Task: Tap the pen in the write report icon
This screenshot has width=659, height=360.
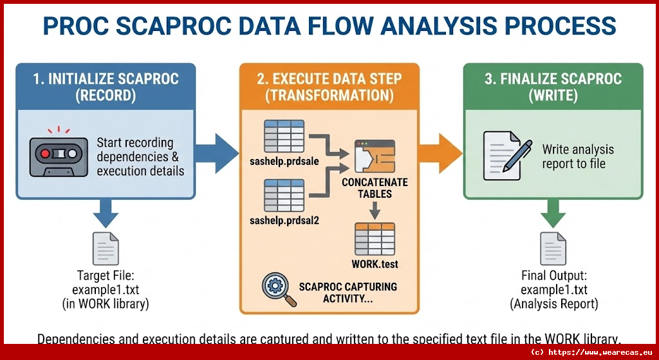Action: (x=518, y=156)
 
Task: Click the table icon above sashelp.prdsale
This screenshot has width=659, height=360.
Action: (x=284, y=137)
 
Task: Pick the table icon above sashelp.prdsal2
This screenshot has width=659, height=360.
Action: (x=284, y=196)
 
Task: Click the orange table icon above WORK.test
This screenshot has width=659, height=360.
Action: (x=375, y=239)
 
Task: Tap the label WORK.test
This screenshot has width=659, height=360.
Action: (x=375, y=264)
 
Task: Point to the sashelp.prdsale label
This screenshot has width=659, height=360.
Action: (x=284, y=162)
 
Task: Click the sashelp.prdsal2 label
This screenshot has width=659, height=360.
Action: (x=284, y=220)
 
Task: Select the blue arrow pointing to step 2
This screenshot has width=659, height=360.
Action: (x=217, y=153)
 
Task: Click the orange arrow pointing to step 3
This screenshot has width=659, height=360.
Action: (x=440, y=153)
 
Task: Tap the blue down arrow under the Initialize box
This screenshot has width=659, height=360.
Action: (x=106, y=213)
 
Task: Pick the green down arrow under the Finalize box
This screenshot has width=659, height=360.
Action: (x=553, y=213)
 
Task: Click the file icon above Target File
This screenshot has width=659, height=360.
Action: (x=106, y=249)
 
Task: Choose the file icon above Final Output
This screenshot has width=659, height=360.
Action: (x=553, y=249)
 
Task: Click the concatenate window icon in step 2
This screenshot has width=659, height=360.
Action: (x=375, y=156)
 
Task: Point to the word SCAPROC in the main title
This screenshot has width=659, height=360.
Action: (x=172, y=26)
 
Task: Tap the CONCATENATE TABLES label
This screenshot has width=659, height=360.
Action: (x=375, y=188)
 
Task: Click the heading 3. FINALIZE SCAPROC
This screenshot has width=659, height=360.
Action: (x=553, y=79)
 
